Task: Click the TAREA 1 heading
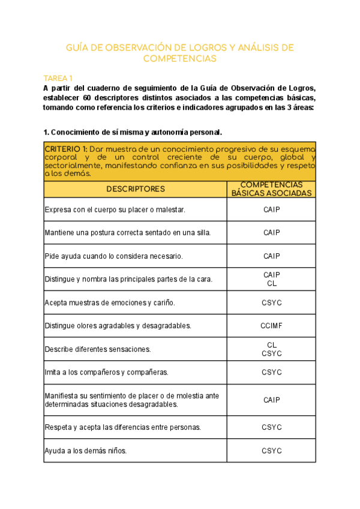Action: click(x=58, y=79)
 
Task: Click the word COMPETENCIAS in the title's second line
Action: click(x=179, y=59)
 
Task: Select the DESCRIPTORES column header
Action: click(x=135, y=189)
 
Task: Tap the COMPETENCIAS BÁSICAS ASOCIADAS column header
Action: click(x=271, y=189)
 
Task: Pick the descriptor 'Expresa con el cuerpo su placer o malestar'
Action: click(x=115, y=209)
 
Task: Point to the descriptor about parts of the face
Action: click(x=128, y=279)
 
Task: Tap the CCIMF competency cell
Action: click(x=271, y=326)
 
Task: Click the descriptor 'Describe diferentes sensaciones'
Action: click(x=98, y=349)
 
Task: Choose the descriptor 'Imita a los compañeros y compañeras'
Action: click(x=106, y=372)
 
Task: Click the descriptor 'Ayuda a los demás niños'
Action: click(x=85, y=450)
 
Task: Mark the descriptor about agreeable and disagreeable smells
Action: click(x=118, y=326)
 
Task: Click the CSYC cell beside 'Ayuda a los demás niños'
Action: click(x=271, y=450)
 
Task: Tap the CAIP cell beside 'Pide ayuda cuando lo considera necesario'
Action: click(x=271, y=256)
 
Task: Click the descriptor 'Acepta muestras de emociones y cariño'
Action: click(x=110, y=303)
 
